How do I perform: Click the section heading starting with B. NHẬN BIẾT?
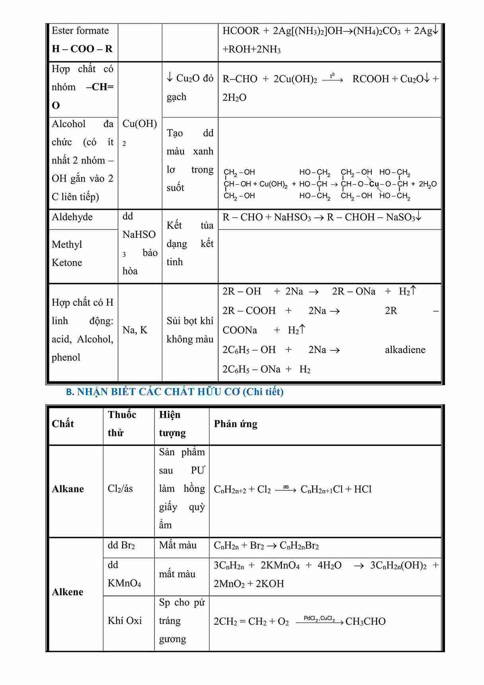pos(175,392)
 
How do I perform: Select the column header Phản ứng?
pos(236,424)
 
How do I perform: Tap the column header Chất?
pos(63,424)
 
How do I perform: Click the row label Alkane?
pos(68,489)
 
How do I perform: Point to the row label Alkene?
pos(68,592)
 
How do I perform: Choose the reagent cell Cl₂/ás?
pos(120,489)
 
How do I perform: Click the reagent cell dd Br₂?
pos(121,545)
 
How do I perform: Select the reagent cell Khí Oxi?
pos(125,620)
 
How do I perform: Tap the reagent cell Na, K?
pos(135,330)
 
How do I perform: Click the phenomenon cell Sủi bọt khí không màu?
pos(190,330)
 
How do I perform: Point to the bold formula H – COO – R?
pos(82,49)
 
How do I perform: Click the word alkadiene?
pos(405,350)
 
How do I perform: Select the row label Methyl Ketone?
pos(67,253)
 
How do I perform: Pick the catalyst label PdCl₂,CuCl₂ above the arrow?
pos(319,618)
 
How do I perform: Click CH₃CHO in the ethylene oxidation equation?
pos(365,621)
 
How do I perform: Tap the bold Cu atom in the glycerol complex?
pos(374,184)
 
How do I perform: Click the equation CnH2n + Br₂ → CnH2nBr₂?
pos(266,546)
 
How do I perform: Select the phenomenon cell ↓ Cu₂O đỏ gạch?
pos(190,88)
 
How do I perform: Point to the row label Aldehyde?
pos(72,217)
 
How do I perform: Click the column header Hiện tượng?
pos(172,424)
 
